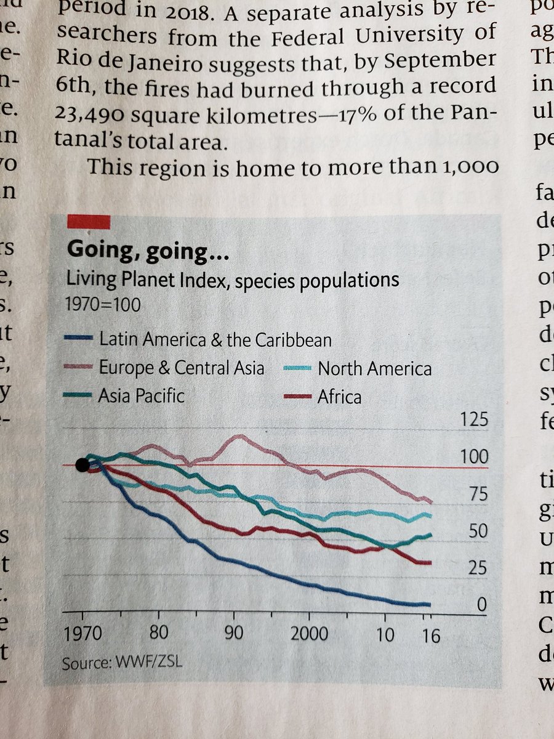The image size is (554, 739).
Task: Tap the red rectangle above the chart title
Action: (89, 221)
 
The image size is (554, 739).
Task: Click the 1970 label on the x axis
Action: (82, 634)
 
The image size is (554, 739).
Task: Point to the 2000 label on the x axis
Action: (309, 634)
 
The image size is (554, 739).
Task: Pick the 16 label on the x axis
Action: (431, 634)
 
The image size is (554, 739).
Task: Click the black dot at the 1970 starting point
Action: (82, 465)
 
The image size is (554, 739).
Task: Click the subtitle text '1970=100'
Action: (103, 305)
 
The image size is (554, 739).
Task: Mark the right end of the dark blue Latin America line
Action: (428, 604)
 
